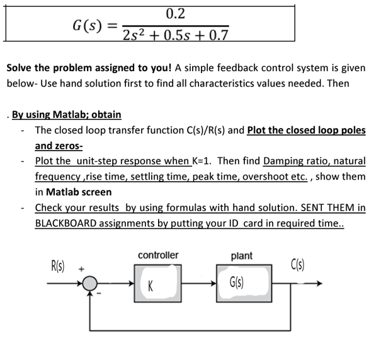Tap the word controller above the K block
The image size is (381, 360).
click(x=158, y=255)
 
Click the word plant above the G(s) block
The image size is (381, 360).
click(x=242, y=255)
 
